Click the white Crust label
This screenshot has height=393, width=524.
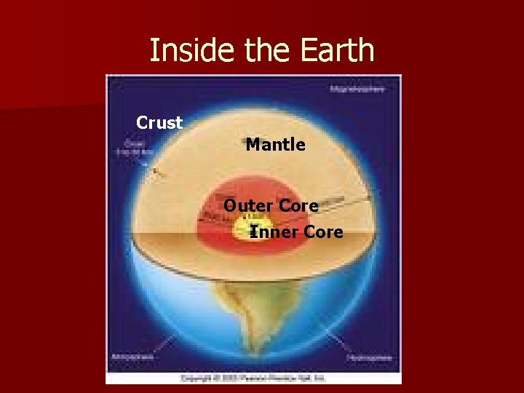[x=159, y=123]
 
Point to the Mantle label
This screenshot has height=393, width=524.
[x=275, y=145]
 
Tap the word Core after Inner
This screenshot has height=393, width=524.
[x=323, y=232]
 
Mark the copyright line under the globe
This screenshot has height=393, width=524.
[x=253, y=378]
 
